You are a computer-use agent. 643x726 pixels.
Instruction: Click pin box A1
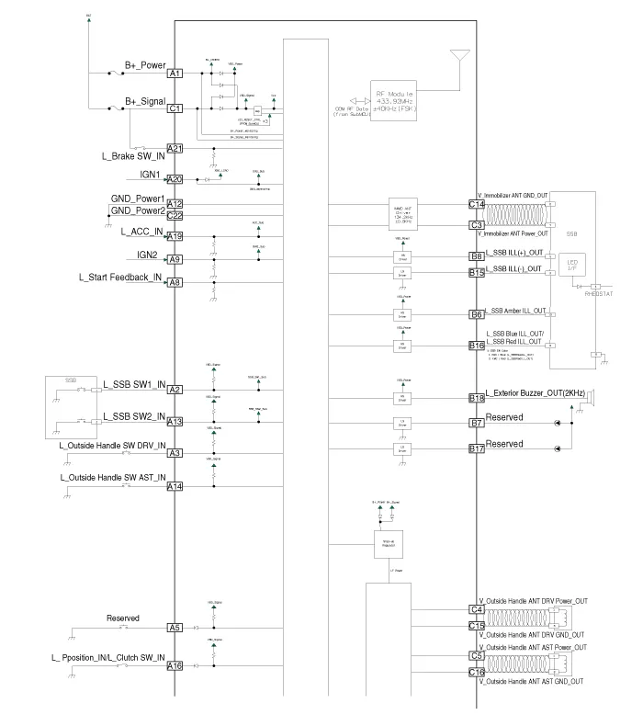pos(175,74)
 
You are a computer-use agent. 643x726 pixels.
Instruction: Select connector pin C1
pos(175,108)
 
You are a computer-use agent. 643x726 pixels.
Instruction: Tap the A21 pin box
pos(175,149)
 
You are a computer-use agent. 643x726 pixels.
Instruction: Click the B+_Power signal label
pos(145,65)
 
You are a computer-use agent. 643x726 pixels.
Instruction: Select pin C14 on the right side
pos(476,204)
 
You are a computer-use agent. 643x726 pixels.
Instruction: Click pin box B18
pos(476,398)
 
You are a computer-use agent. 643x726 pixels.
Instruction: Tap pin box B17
pos(476,449)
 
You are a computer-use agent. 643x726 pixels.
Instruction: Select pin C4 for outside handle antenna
pos(476,609)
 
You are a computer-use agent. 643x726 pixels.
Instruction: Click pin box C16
pos(476,673)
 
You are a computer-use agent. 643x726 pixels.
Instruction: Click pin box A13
pos(175,422)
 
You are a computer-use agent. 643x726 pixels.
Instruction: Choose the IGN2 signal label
pos(148,255)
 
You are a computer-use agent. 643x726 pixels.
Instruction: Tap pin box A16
pos(175,666)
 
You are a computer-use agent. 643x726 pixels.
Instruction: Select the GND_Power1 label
pos(137,199)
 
